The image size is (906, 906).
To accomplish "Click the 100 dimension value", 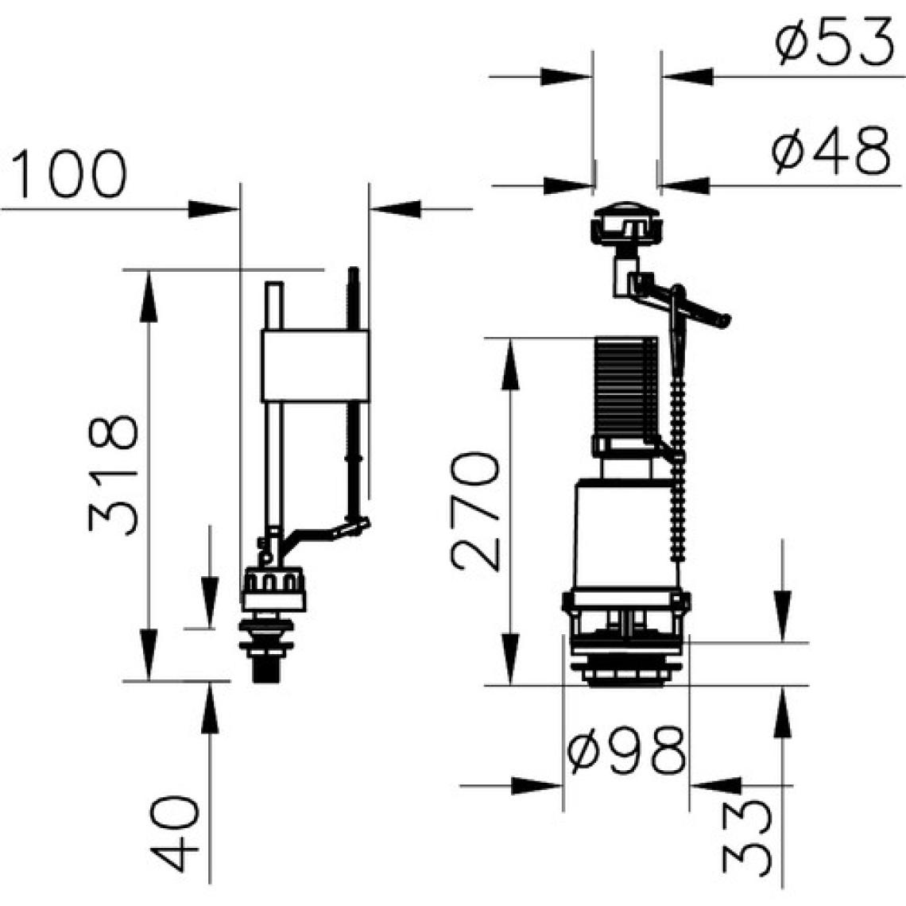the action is point(68,173).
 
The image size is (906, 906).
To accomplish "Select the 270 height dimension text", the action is point(475,511).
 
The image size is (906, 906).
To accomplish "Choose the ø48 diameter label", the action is point(830,149).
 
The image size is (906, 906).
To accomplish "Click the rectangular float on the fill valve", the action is point(315,366).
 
